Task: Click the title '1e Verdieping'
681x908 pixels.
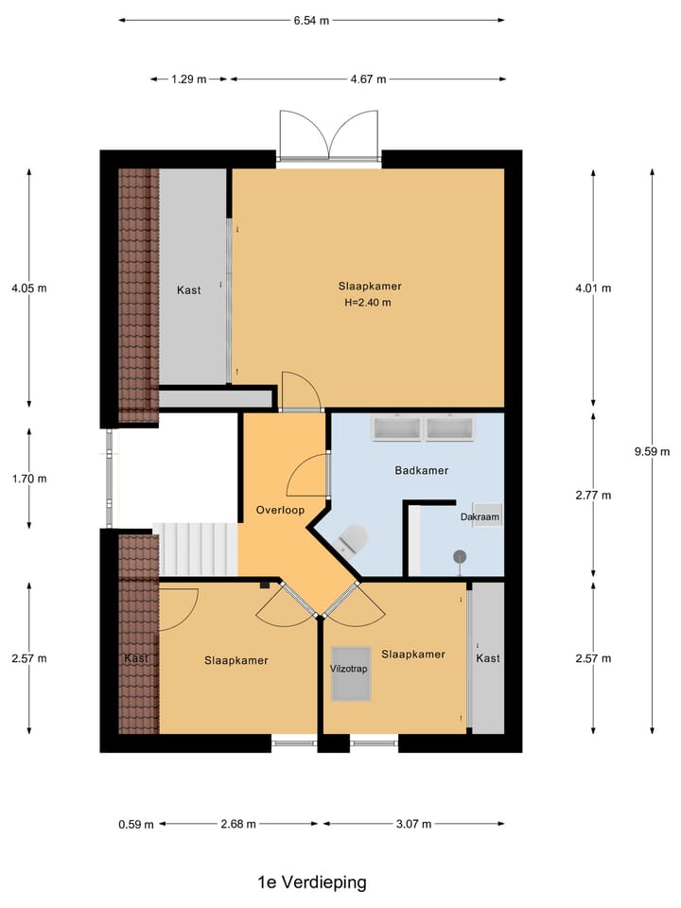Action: coord(311,882)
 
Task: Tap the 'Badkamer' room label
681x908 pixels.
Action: coord(421,470)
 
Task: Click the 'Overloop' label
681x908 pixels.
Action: coord(280,510)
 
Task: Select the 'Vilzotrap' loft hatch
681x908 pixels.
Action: coord(350,672)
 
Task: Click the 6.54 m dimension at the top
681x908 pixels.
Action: coord(311,20)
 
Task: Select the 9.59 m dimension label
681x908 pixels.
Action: coord(652,451)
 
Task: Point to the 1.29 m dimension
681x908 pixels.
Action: coord(189,79)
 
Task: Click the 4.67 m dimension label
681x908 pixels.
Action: coord(368,79)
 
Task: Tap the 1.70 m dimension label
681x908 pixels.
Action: coord(28,479)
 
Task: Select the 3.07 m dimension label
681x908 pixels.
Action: coord(412,824)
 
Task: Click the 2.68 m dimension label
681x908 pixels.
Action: coord(236,824)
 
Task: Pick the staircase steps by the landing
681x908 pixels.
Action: coord(197,549)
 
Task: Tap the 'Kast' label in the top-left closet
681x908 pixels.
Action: coord(188,290)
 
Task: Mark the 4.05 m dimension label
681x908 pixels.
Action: coord(28,288)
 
